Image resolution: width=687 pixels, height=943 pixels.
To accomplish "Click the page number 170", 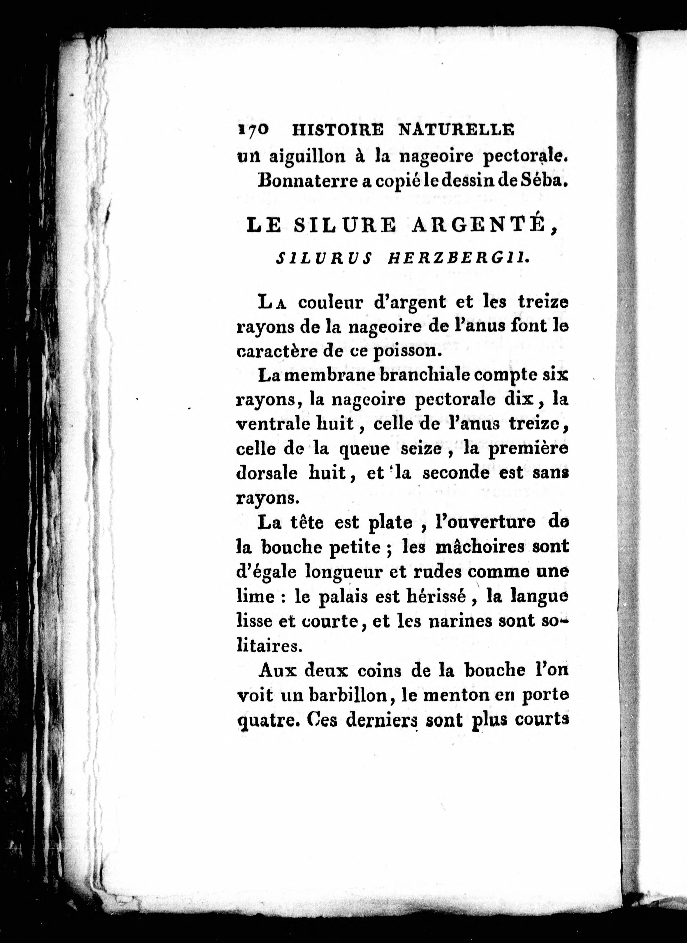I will click(253, 130).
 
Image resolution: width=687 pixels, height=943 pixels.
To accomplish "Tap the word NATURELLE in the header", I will click(457, 130).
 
